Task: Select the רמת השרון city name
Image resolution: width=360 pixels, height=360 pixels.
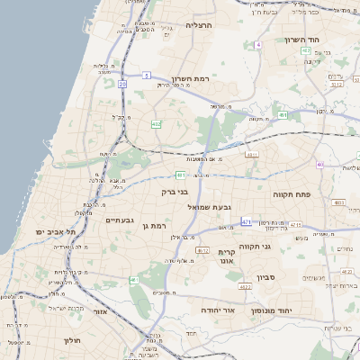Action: (190, 80)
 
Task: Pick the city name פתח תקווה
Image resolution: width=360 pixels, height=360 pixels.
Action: (292, 193)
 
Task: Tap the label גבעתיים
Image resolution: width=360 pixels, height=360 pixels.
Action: (120, 220)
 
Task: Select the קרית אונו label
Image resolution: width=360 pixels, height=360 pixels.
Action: (227, 256)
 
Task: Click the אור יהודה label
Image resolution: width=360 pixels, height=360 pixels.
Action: (216, 310)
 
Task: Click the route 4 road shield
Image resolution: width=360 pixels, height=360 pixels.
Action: (257, 44)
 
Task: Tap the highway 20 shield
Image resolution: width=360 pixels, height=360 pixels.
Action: (121, 84)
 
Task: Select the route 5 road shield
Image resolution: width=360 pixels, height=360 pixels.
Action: (147, 76)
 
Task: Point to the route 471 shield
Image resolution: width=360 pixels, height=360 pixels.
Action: (246, 220)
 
